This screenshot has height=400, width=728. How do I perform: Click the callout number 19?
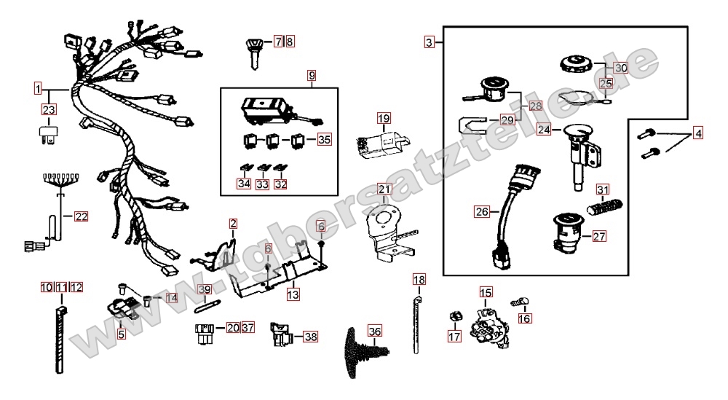tap(384, 117)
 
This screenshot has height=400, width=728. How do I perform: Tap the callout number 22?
tap(81, 216)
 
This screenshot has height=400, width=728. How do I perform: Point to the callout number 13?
tap(293, 294)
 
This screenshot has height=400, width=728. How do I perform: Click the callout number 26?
tap(482, 213)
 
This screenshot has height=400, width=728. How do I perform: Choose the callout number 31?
tap(602, 190)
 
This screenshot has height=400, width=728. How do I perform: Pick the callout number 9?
tap(312, 75)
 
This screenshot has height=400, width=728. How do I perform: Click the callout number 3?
tap(430, 42)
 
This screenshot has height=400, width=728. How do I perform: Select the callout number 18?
tap(418, 280)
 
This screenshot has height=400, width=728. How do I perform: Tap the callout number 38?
tap(311, 337)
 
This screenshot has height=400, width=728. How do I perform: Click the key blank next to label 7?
tap(256, 50)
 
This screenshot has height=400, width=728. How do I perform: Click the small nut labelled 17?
tap(455, 316)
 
